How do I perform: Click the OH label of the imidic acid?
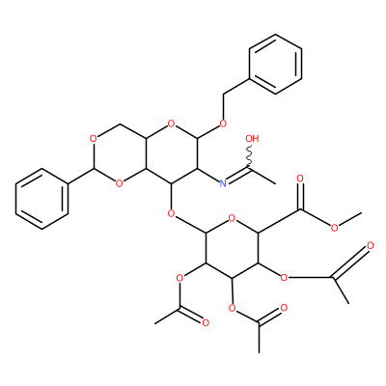click(x=252, y=139)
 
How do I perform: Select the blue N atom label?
click(x=223, y=183)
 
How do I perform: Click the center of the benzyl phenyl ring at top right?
click(x=276, y=64)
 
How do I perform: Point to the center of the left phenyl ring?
click(x=42, y=199)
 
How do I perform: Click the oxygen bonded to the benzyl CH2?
click(x=223, y=124)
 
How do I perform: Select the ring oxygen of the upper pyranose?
click(x=172, y=124)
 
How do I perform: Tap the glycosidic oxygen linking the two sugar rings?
click(x=172, y=213)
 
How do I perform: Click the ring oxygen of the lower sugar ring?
click(x=232, y=220)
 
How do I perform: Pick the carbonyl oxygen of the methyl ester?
click(x=300, y=179)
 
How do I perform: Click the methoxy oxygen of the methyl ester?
click(x=335, y=229)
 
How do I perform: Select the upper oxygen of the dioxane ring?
click(x=94, y=139)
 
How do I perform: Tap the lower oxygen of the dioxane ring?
click(x=120, y=183)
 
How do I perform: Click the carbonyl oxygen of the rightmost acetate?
click(x=370, y=246)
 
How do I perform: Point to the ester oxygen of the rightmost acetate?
click(x=284, y=277)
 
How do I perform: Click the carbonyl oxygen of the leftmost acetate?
click(x=206, y=322)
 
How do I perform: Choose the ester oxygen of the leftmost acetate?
click(x=179, y=277)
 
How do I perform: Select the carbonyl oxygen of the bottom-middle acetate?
click(x=284, y=308)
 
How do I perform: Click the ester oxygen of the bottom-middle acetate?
click(x=232, y=308)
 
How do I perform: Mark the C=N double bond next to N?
click(x=238, y=176)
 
